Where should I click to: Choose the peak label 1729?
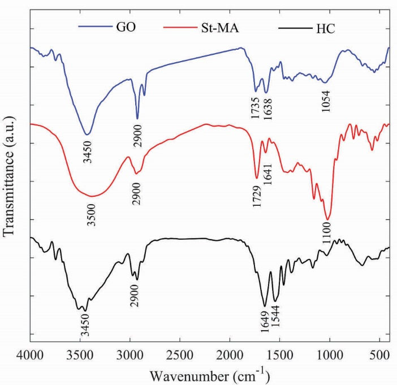[x=257, y=195]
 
